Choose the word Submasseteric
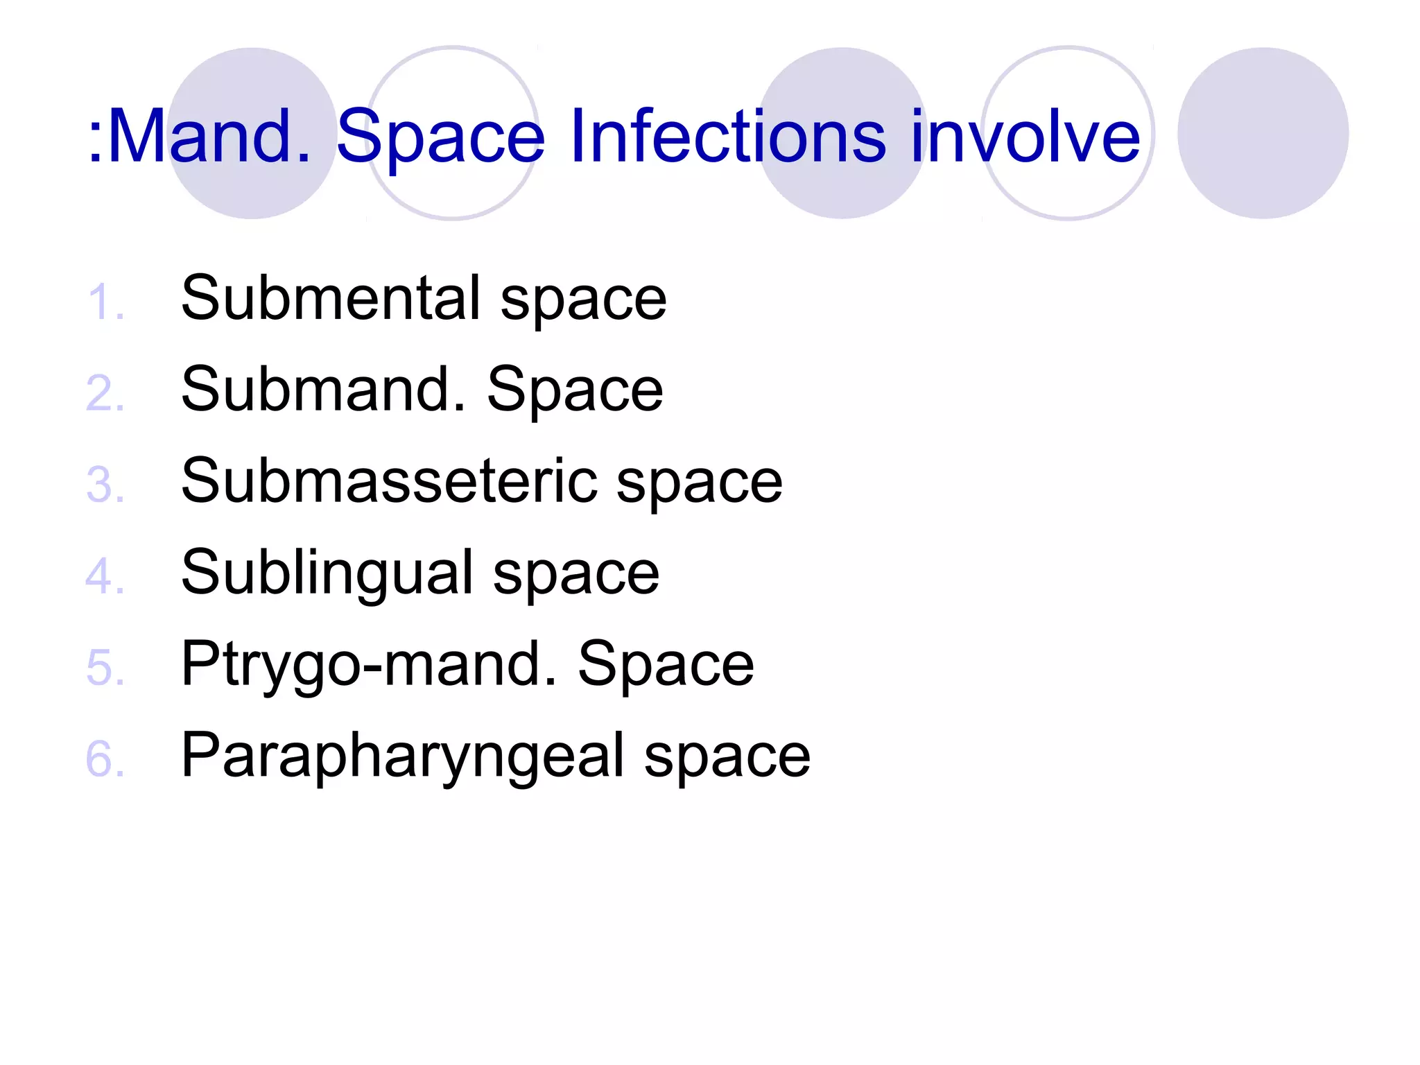tap(389, 481)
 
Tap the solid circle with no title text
tap(1263, 133)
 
